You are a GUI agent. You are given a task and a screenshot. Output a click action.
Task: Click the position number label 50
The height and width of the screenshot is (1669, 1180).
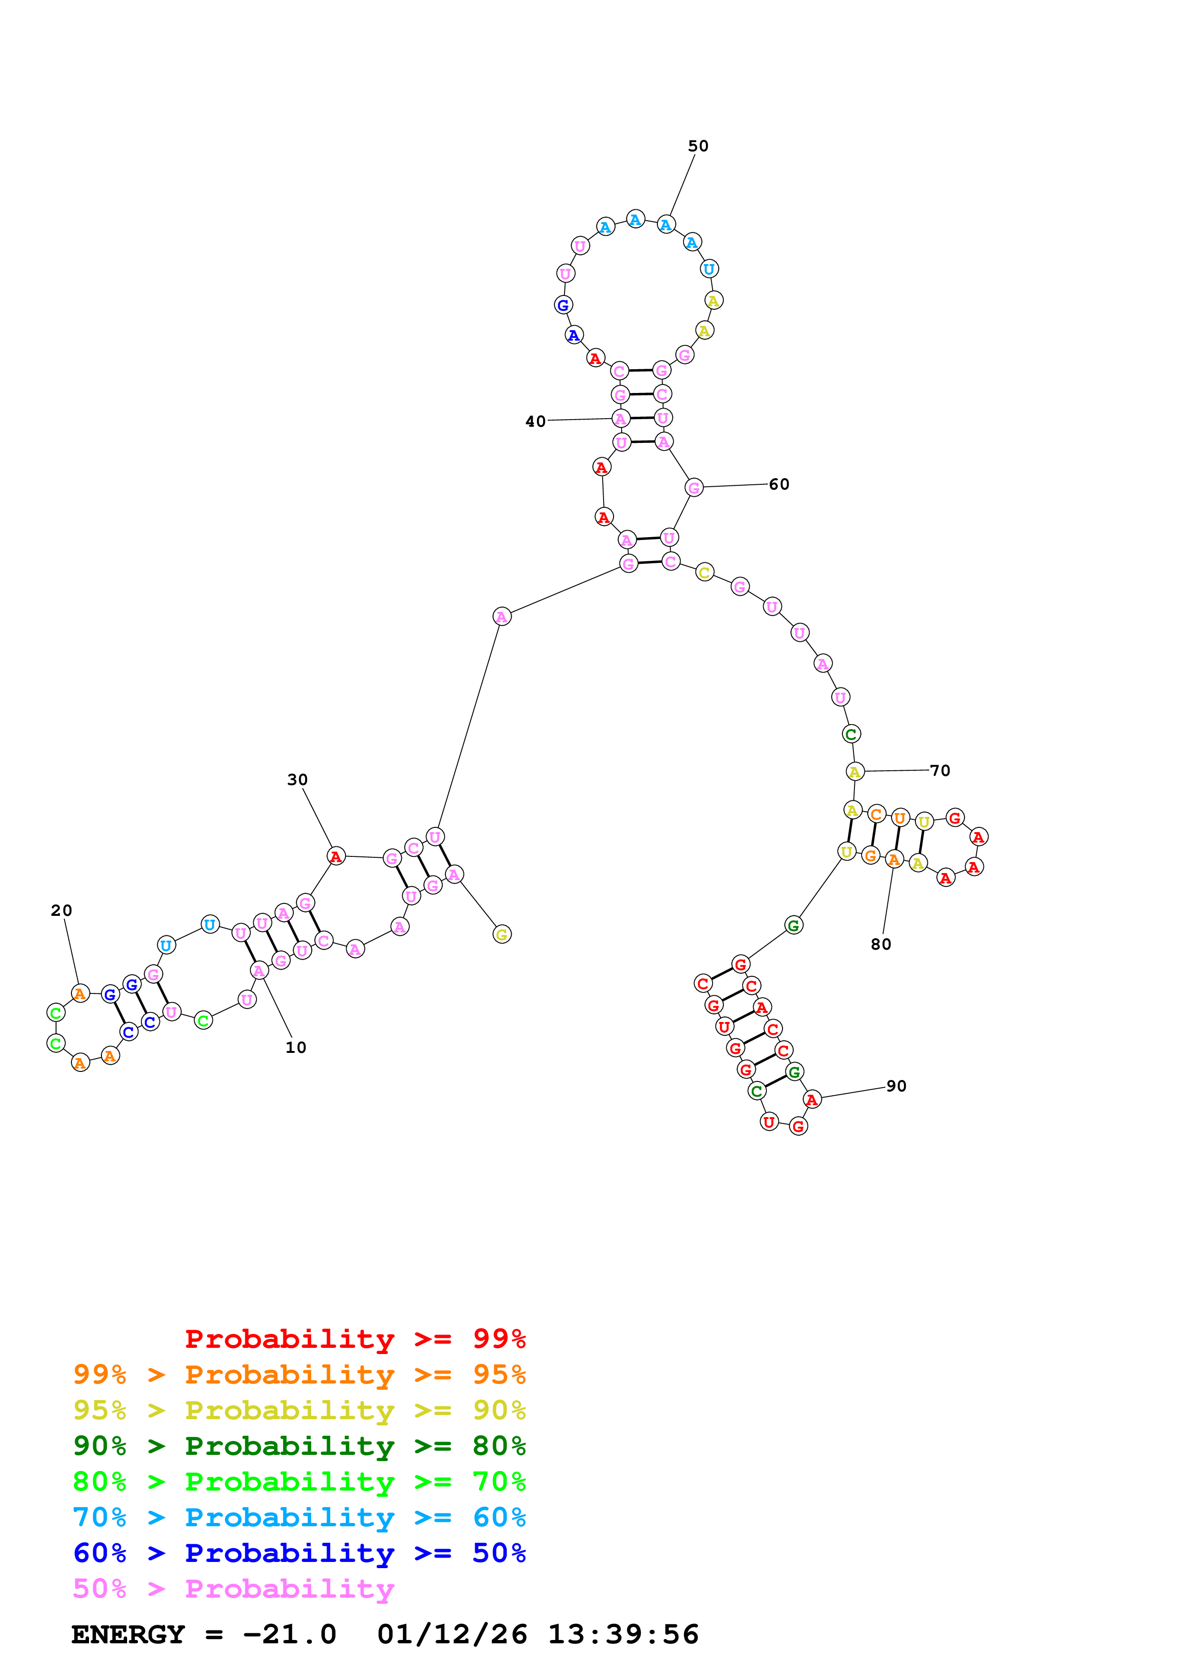pyautogui.click(x=697, y=146)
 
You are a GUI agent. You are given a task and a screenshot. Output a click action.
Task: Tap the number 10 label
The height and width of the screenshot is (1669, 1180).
pyautogui.click(x=295, y=1048)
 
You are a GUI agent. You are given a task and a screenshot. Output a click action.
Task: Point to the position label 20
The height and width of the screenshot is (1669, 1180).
pyautogui.click(x=61, y=910)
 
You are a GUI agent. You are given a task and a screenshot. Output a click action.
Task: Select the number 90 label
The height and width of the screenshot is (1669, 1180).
pyautogui.click(x=896, y=1086)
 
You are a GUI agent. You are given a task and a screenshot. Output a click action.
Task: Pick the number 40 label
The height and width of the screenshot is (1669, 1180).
pyautogui.click(x=535, y=422)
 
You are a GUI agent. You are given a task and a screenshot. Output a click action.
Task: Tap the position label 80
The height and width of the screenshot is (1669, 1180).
pyautogui.click(x=881, y=944)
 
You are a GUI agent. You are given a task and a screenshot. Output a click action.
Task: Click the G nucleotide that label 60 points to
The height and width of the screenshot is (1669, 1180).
pyautogui.click(x=694, y=488)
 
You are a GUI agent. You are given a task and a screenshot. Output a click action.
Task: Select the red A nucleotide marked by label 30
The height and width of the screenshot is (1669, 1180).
pyautogui.click(x=335, y=856)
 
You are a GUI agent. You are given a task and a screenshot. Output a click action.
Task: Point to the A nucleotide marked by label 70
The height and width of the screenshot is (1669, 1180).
pyautogui.click(x=854, y=772)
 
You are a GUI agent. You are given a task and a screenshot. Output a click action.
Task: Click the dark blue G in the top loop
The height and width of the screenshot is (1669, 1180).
pyautogui.click(x=563, y=305)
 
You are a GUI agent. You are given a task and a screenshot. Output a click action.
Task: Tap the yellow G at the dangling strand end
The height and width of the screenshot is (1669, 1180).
pyautogui.click(x=502, y=935)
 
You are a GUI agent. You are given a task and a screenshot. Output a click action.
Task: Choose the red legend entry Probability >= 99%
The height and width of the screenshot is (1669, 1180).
pyautogui.click(x=355, y=1339)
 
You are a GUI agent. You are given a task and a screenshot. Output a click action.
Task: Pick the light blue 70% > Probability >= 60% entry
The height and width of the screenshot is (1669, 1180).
pyautogui.click(x=299, y=1517)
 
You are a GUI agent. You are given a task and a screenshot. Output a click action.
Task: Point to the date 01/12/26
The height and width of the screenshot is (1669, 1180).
pyautogui.click(x=452, y=1634)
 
